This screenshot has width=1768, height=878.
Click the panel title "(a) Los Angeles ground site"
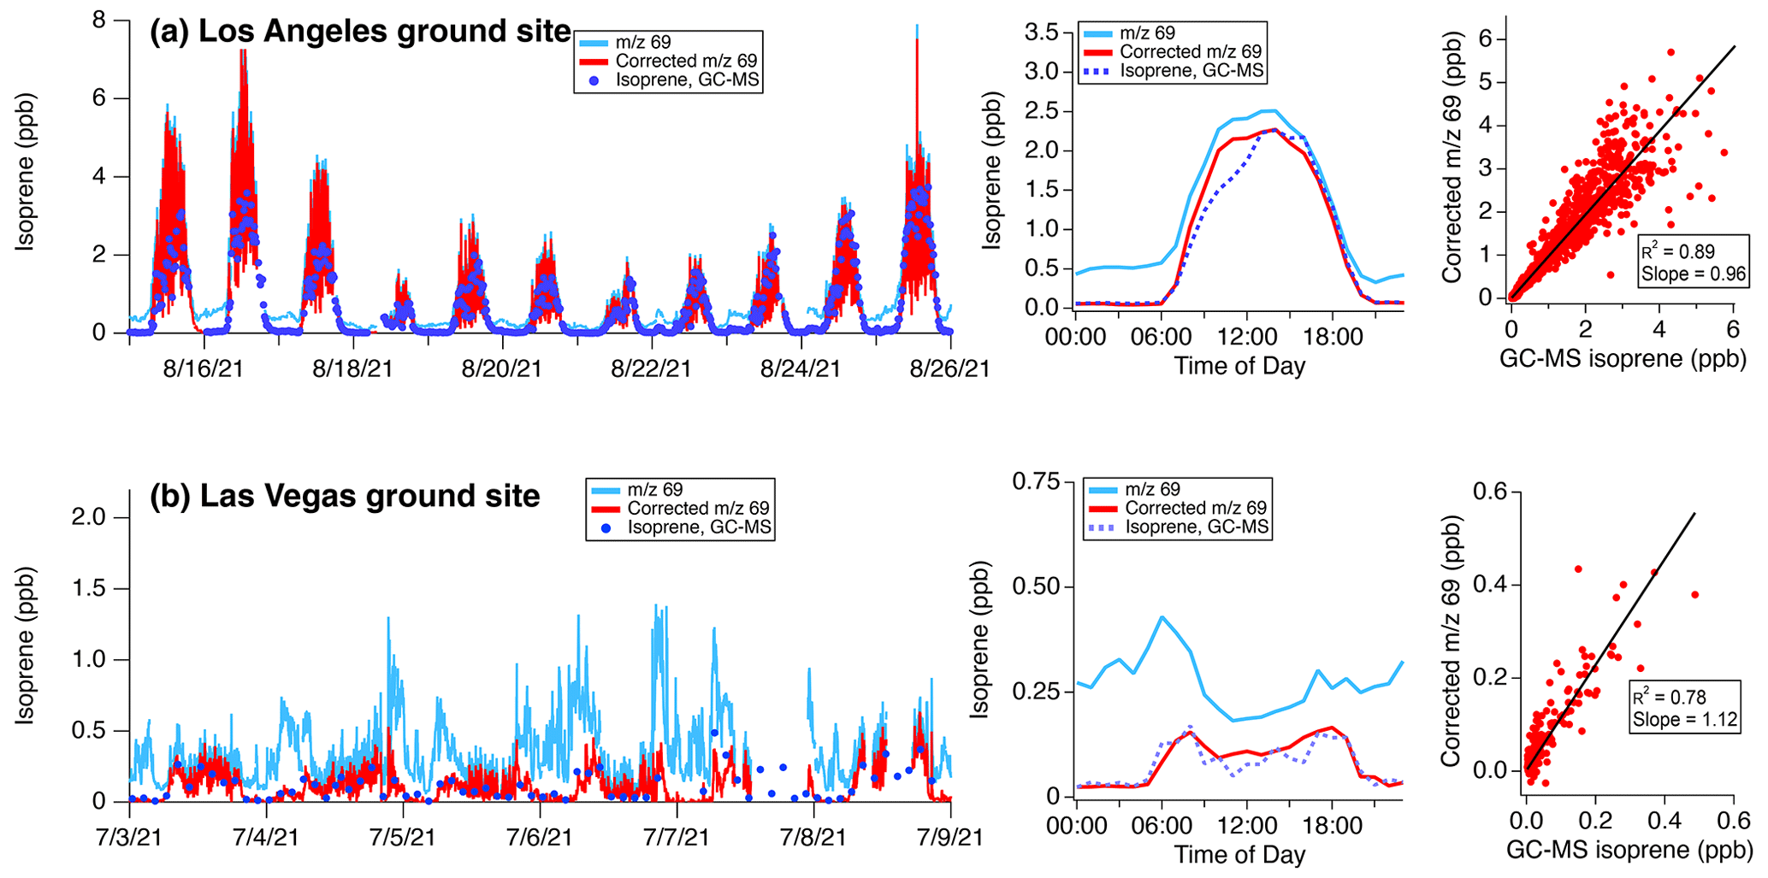click(360, 32)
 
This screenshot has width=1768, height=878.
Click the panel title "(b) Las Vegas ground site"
click(345, 497)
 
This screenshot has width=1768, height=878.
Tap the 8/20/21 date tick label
click(501, 369)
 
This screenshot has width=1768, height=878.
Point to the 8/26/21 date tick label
click(949, 369)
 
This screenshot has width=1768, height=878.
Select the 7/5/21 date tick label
click(403, 836)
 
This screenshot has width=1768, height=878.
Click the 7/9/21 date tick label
click(949, 836)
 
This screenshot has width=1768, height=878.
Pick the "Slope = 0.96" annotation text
click(1692, 274)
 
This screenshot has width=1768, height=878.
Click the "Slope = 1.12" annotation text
click(1685, 720)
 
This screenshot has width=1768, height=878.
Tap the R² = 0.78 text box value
click(1669, 698)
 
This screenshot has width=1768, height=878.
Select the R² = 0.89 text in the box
click(1677, 252)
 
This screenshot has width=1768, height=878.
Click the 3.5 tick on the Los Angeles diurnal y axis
click(1042, 33)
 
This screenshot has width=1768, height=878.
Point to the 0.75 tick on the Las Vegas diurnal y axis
click(1036, 482)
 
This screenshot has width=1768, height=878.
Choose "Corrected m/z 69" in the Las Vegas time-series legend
click(698, 509)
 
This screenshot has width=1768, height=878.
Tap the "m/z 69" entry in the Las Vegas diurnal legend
click(1152, 490)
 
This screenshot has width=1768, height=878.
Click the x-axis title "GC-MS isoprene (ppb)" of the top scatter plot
click(1623, 359)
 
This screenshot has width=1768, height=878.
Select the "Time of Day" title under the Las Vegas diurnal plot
click(1239, 854)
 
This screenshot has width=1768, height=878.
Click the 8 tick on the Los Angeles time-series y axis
click(99, 19)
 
